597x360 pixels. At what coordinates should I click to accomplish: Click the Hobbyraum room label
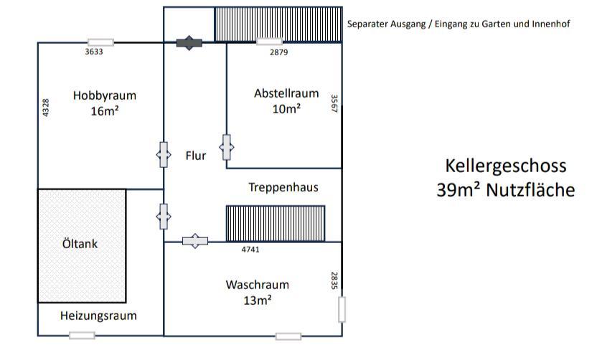pos(104,95)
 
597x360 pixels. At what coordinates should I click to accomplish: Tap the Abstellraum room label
pos(286,93)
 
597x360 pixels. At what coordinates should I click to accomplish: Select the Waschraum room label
pos(258,285)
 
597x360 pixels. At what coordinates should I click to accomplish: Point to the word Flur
pos(196,155)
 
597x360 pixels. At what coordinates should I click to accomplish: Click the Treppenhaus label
pos(283,188)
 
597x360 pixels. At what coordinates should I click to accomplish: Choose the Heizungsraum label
pos(98,316)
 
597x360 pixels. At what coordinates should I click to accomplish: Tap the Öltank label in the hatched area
pos(80,244)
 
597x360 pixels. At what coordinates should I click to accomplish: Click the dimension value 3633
pos(94,52)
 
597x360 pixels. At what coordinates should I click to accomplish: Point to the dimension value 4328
pos(47,108)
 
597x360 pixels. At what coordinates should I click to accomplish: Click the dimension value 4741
pos(250,250)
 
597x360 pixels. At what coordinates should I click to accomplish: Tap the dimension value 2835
pos(334,280)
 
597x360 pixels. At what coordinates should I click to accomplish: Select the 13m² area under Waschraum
pos(258,300)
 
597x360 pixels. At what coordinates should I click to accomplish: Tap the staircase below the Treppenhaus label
pos(276,224)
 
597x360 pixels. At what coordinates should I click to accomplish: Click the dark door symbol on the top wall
pos(189,43)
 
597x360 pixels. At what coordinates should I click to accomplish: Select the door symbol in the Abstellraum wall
pos(227,148)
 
